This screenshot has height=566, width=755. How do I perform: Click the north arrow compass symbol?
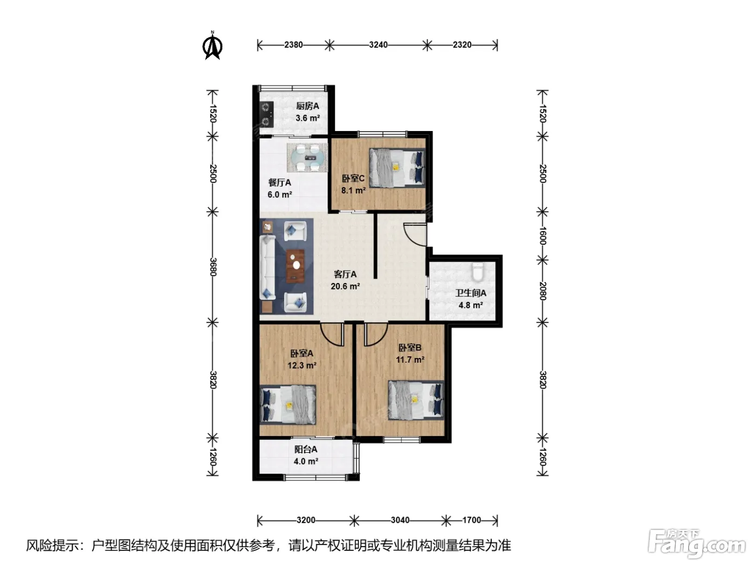(212, 45)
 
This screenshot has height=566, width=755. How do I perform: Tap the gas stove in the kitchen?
(266, 114)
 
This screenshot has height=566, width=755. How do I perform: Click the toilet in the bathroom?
(477, 272)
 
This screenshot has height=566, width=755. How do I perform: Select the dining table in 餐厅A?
(307, 158)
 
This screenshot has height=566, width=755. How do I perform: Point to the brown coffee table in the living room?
(296, 266)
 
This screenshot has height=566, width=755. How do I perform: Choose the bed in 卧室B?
(416, 400)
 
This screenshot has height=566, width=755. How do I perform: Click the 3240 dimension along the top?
(378, 45)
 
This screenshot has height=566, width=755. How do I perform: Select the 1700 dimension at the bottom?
(471, 520)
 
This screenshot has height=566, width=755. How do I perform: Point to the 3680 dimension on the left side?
(213, 267)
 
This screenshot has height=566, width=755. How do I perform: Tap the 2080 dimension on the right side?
(543, 291)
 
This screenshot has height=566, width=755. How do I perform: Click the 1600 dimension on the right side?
(543, 236)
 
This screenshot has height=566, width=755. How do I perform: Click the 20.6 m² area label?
(345, 286)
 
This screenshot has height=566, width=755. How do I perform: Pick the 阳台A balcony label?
(306, 449)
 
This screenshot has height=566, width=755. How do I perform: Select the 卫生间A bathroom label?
(471, 293)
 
